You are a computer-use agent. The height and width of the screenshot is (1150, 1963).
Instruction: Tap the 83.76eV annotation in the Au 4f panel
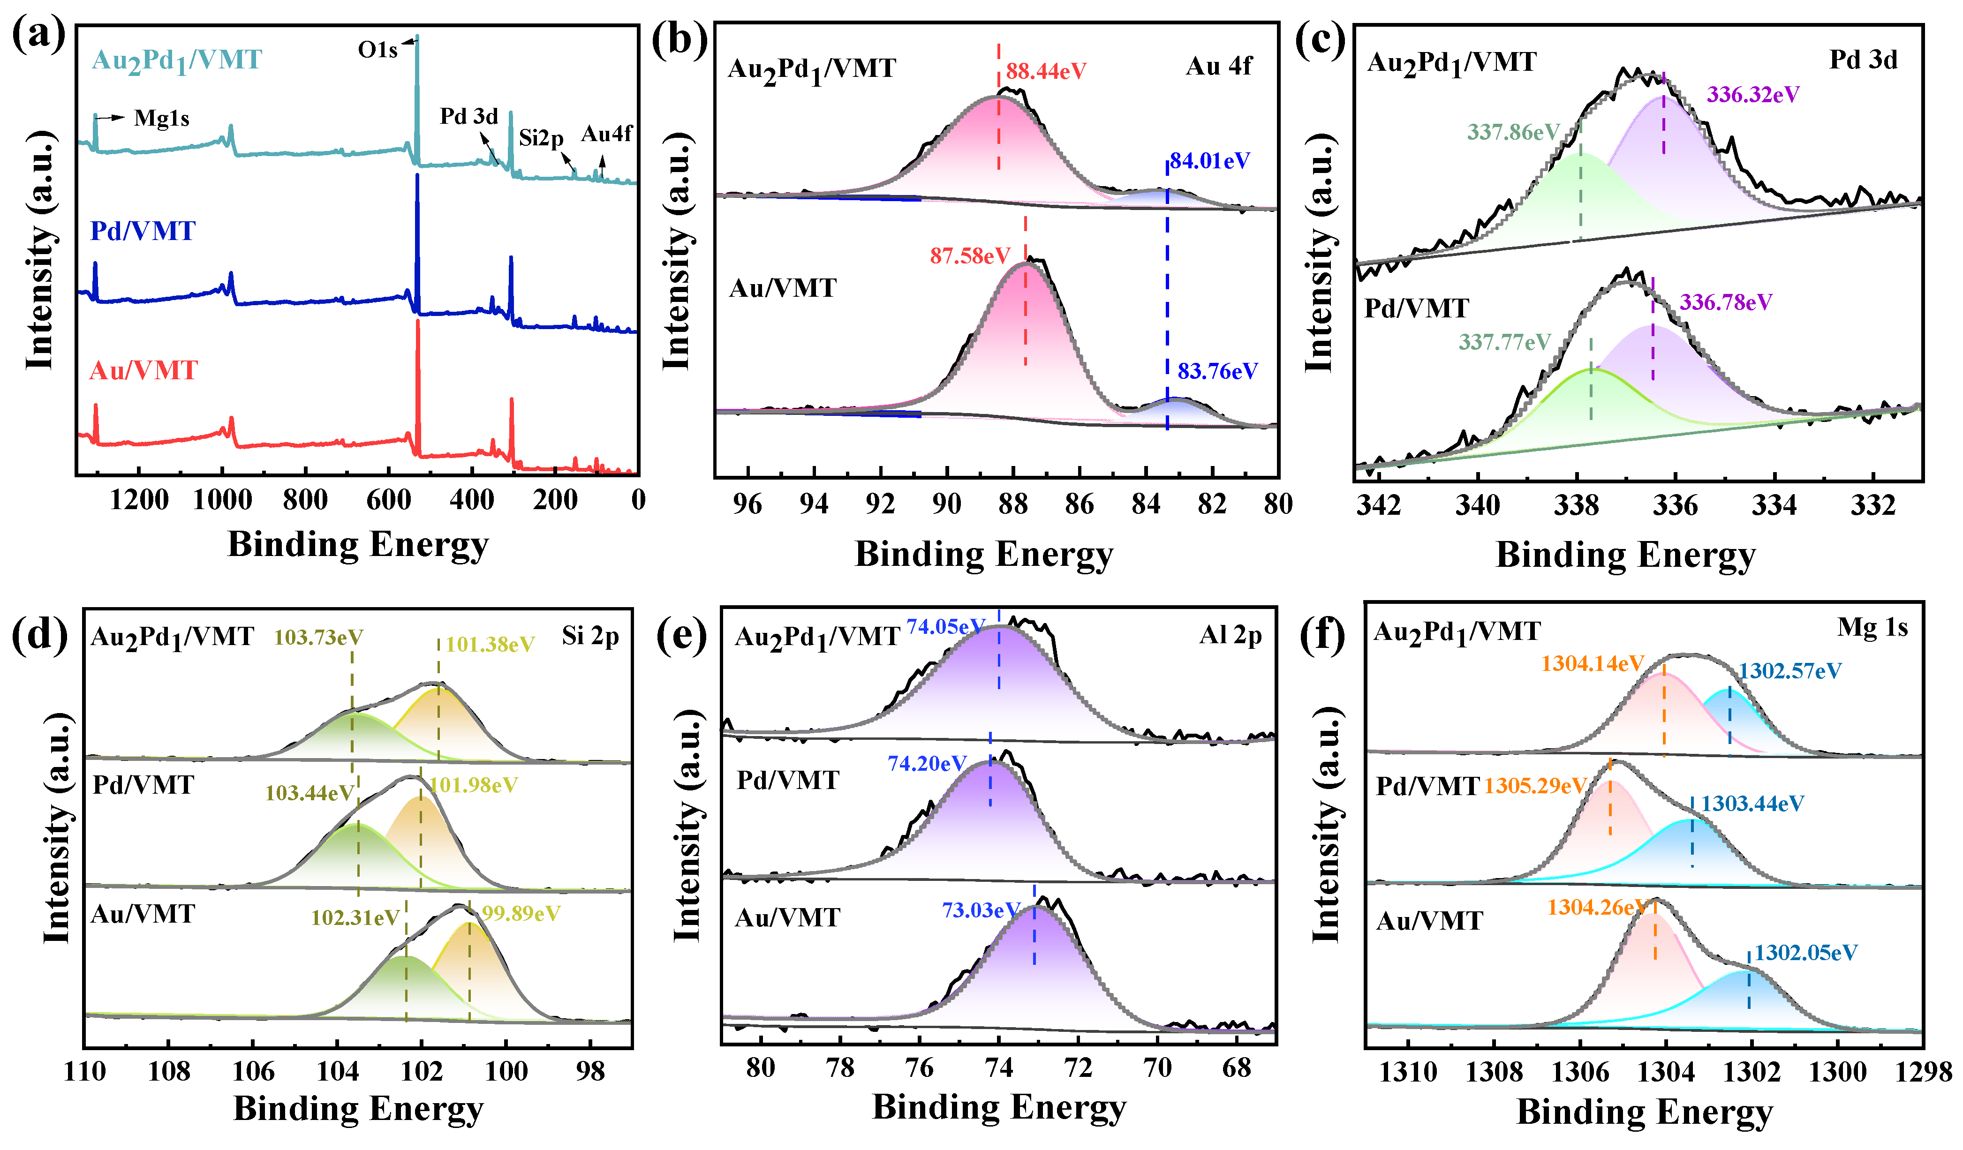(x=1217, y=371)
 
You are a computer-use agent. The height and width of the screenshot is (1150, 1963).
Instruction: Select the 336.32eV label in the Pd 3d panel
(x=1753, y=95)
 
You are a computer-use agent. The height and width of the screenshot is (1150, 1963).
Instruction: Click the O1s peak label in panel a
(x=378, y=51)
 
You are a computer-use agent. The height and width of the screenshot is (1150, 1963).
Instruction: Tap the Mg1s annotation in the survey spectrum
(x=161, y=118)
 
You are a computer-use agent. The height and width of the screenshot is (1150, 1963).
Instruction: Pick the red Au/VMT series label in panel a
(x=143, y=371)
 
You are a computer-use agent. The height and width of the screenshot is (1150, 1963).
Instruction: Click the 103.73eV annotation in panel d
(x=318, y=638)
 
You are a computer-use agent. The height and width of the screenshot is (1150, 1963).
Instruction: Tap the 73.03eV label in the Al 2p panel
(x=981, y=910)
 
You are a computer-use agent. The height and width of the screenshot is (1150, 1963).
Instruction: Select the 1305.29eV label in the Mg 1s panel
(x=1534, y=786)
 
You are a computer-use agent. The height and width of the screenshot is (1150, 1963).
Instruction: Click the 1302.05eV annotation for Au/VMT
(x=1805, y=953)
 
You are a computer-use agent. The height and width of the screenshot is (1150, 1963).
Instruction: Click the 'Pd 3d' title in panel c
(x=1863, y=60)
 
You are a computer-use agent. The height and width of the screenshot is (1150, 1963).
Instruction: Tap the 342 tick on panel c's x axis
(x=1378, y=506)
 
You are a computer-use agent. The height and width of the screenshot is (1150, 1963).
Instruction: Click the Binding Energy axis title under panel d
(x=358, y=1109)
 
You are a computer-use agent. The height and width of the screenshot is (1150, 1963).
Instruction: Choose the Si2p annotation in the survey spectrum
(x=541, y=139)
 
